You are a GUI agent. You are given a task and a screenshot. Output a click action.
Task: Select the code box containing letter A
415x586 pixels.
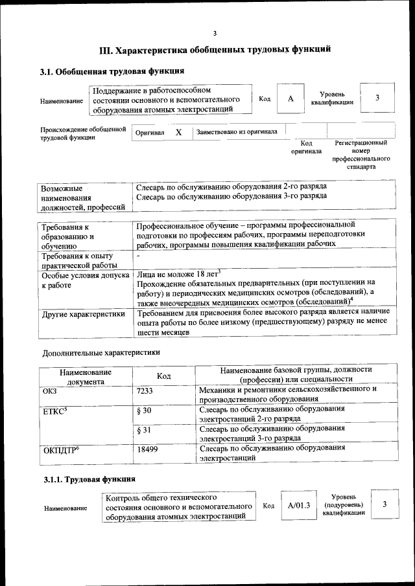[290, 98]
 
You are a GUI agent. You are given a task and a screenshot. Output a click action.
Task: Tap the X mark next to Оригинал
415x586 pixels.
[179, 132]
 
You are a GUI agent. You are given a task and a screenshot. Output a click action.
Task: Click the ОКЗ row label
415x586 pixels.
[51, 391]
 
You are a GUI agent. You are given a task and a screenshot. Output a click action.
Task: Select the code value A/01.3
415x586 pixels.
[299, 505]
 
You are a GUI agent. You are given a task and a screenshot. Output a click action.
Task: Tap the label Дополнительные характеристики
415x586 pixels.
[101, 353]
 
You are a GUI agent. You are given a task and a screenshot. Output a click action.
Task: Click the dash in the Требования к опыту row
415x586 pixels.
[139, 257]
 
